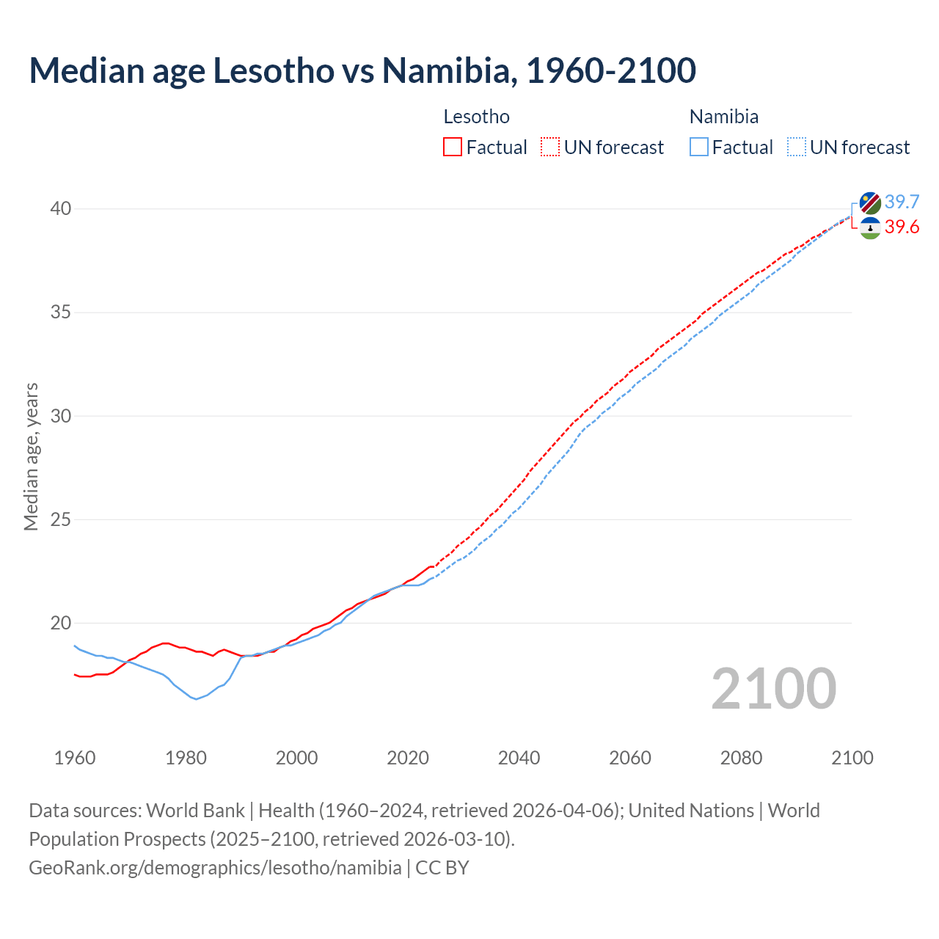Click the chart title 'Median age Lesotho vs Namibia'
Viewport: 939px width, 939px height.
(x=362, y=70)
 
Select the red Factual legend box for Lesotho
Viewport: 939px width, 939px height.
(x=453, y=147)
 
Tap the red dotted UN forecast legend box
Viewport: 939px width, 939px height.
(x=550, y=147)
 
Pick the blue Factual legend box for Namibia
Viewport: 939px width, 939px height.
(x=699, y=147)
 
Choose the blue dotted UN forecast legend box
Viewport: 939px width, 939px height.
(x=797, y=147)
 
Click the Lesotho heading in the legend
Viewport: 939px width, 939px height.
(x=476, y=117)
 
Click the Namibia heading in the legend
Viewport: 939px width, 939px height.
(x=723, y=117)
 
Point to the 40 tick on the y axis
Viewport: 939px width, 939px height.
(x=60, y=209)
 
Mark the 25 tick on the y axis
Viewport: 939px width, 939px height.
(x=60, y=520)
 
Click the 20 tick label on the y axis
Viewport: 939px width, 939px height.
(x=60, y=624)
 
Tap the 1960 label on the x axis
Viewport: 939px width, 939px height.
(x=75, y=758)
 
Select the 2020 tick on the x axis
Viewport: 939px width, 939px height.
(x=408, y=758)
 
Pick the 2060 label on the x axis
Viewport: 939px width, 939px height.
(x=630, y=758)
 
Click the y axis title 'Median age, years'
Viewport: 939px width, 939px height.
(x=32, y=456)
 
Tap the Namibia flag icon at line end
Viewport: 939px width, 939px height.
(x=870, y=203)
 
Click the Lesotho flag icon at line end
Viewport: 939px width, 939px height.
(x=870, y=228)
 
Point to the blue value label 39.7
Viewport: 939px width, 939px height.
(x=902, y=202)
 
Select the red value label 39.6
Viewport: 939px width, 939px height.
(x=902, y=227)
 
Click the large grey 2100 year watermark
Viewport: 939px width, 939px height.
(x=774, y=688)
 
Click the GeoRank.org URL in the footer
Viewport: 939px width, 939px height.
(x=215, y=867)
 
